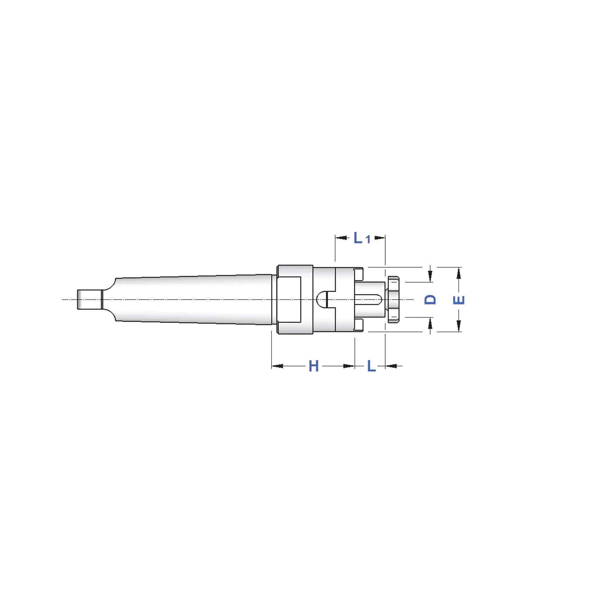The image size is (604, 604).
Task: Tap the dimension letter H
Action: (x=313, y=366)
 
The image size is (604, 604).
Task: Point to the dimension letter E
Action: (x=459, y=300)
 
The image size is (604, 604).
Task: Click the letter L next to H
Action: (x=371, y=366)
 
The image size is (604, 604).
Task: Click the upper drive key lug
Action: (x=358, y=274)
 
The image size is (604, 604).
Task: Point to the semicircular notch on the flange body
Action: (x=321, y=299)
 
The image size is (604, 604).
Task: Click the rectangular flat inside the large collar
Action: (x=289, y=300)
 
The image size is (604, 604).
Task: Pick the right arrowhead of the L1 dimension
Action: (x=380, y=238)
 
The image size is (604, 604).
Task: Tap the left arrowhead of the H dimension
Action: (x=278, y=366)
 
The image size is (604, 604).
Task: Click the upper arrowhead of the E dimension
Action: (x=459, y=274)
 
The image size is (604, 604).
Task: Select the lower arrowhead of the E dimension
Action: (x=459, y=326)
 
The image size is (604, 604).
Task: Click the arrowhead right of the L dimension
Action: (x=391, y=366)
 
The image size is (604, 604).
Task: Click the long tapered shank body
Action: (x=194, y=300)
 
